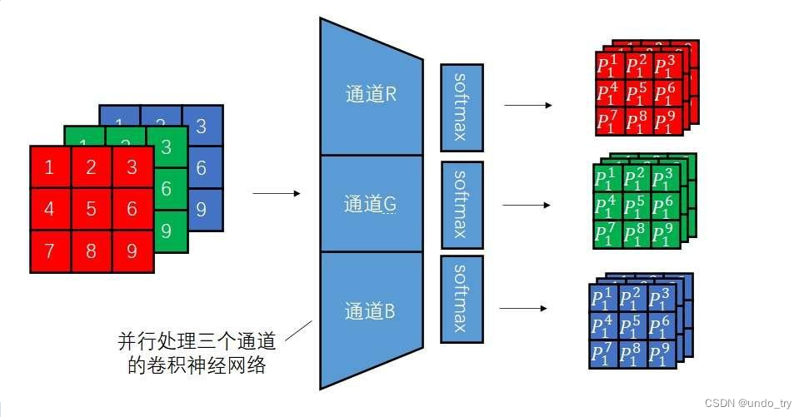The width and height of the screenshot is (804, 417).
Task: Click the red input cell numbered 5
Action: [x=92, y=209]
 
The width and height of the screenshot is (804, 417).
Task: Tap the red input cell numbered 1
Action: [x=50, y=166]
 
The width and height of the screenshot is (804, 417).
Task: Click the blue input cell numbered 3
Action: [x=202, y=127]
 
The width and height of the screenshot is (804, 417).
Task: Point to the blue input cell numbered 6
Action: [x=202, y=168]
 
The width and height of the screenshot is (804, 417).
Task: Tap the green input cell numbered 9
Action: [x=167, y=230]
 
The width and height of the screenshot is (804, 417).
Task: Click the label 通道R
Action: [x=371, y=94]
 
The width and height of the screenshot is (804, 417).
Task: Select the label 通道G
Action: [x=371, y=203]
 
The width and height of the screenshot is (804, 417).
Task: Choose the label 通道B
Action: [x=371, y=312]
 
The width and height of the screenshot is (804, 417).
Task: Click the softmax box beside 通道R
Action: [x=461, y=106]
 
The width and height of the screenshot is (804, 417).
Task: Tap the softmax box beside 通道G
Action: [x=462, y=204]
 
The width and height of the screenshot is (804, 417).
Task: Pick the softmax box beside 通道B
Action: [x=461, y=300]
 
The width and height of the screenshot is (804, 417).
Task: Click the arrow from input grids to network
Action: [x=275, y=194]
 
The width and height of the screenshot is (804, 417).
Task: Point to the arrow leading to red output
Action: [x=528, y=106]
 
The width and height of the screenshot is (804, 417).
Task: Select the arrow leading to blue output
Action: [x=525, y=307]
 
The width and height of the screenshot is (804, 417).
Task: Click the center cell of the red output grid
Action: [x=637, y=93]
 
